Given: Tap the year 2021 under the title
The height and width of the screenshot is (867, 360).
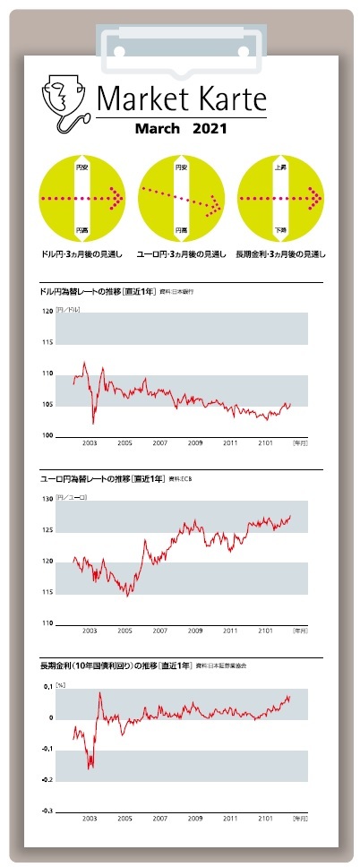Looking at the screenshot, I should pyautogui.click(x=210, y=128).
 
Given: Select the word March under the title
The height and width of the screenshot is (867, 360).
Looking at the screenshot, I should pyautogui.click(x=159, y=128).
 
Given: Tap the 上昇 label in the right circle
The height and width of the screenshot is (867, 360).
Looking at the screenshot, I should pyautogui.click(x=280, y=167).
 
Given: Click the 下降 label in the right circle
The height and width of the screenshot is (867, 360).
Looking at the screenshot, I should pyautogui.click(x=280, y=229).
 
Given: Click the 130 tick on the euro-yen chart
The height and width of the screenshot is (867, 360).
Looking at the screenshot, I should pyautogui.click(x=47, y=500).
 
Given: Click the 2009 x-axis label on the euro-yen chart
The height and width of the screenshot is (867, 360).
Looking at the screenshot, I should pyautogui.click(x=194, y=631).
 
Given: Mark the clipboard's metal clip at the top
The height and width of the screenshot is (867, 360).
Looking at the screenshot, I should pyautogui.click(x=179, y=39).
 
